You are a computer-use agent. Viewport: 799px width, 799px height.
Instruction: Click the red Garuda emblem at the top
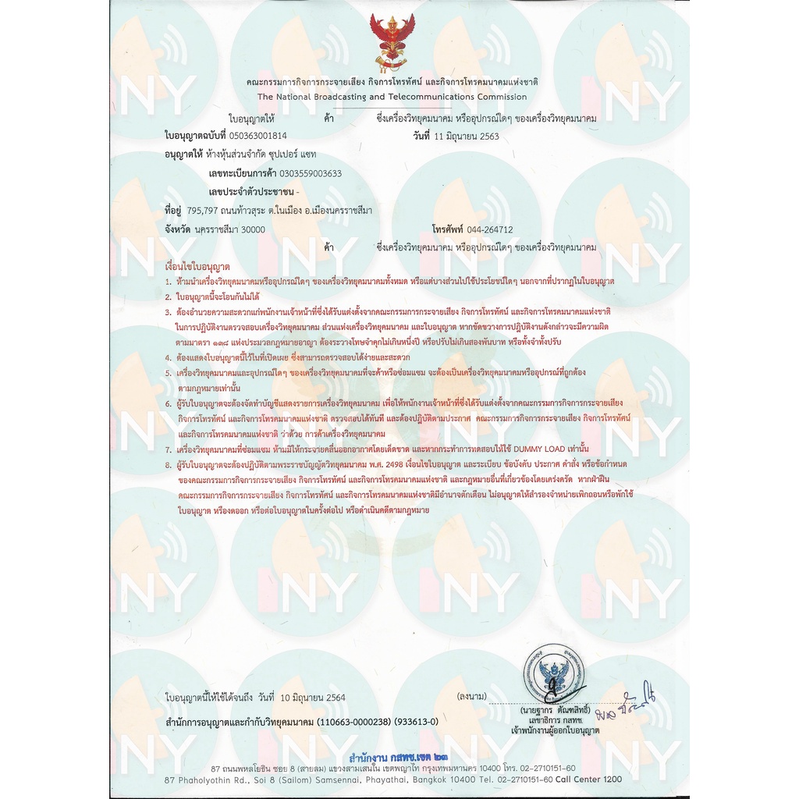point(392,44)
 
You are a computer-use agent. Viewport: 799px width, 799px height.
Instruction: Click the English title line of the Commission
point(392,97)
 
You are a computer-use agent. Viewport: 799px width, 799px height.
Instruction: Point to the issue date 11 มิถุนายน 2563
point(467,136)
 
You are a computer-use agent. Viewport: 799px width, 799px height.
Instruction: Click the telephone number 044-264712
point(490,229)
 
